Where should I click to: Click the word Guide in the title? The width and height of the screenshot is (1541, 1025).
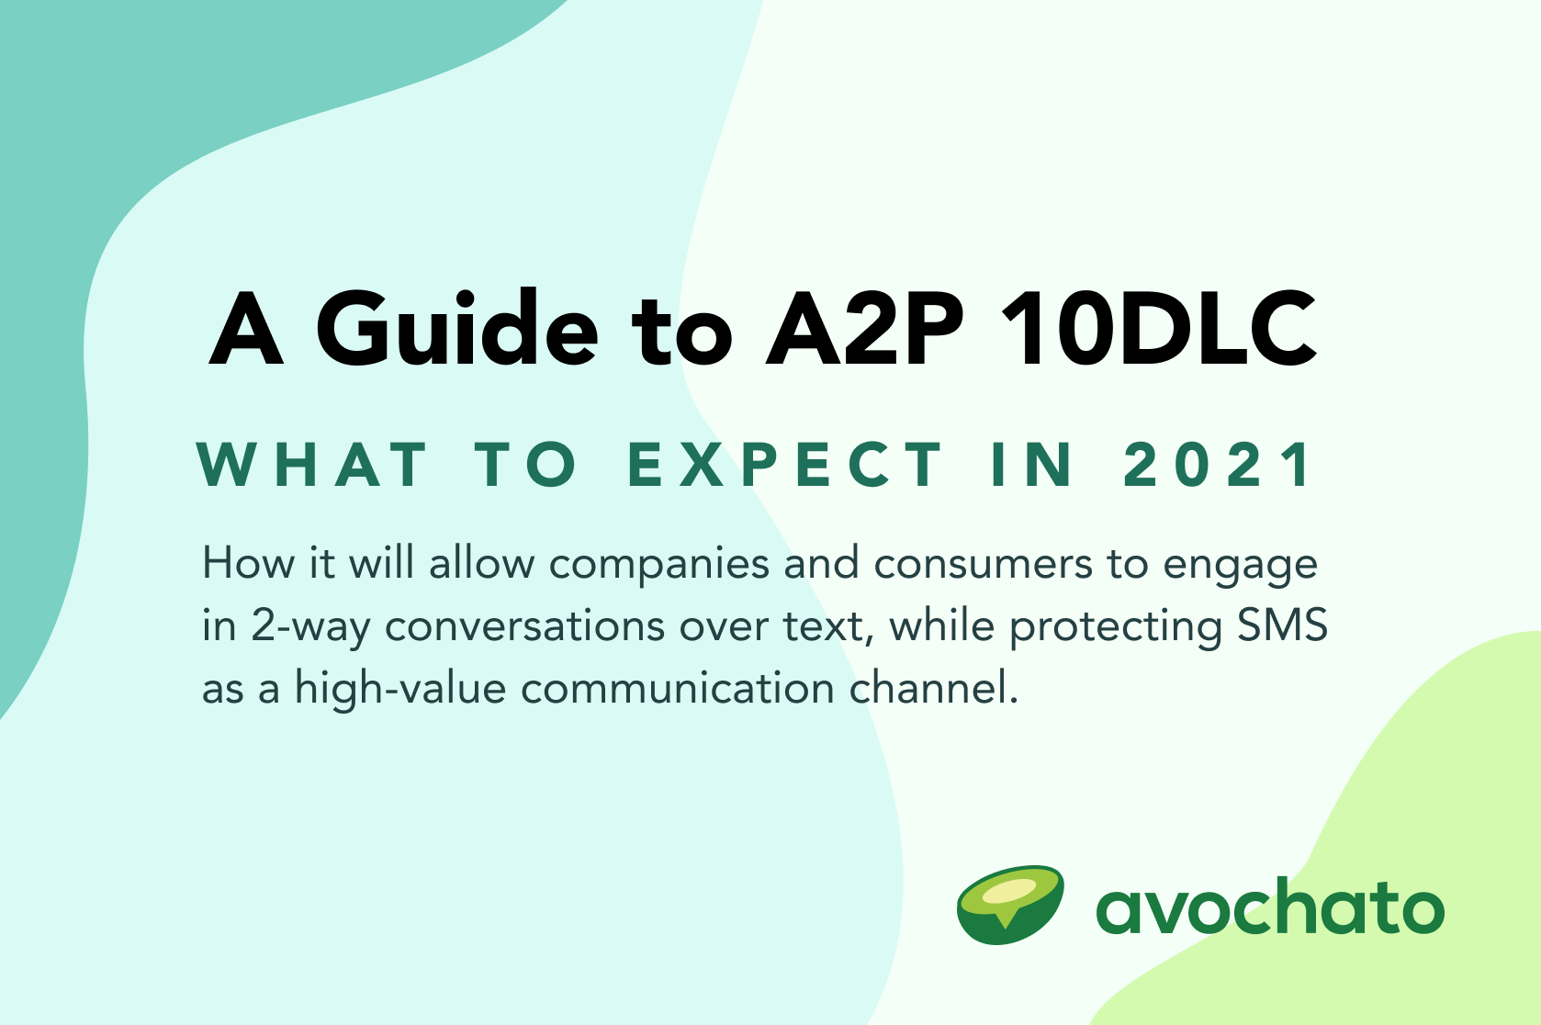click(x=456, y=328)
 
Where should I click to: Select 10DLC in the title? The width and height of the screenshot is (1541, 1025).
click(x=1158, y=328)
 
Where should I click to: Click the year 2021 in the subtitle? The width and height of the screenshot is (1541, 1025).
click(x=1219, y=464)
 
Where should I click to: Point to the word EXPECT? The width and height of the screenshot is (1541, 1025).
click(x=785, y=464)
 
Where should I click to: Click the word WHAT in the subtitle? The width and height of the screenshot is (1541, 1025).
click(x=313, y=464)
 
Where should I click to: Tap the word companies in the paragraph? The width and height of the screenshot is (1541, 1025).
click(x=658, y=564)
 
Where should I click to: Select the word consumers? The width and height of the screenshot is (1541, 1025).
click(x=983, y=564)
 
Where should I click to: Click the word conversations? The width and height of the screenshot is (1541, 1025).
click(x=524, y=626)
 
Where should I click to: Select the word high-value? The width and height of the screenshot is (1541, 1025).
click(x=399, y=689)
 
